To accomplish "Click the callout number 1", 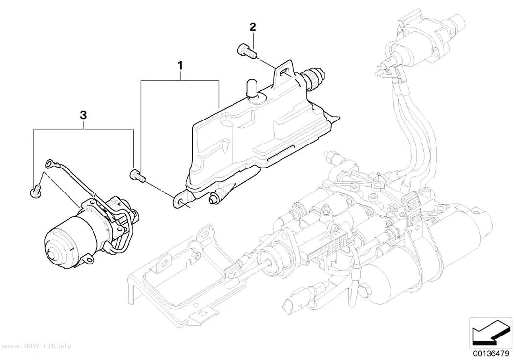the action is tap(180, 66).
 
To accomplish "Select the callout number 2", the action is tap(253, 27).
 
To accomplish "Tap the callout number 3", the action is tap(83, 115).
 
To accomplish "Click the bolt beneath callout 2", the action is tap(246, 52).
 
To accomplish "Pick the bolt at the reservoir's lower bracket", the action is tap(138, 176).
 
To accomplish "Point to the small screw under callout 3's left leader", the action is tap(35, 191).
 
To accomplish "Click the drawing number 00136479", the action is tap(491, 353).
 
